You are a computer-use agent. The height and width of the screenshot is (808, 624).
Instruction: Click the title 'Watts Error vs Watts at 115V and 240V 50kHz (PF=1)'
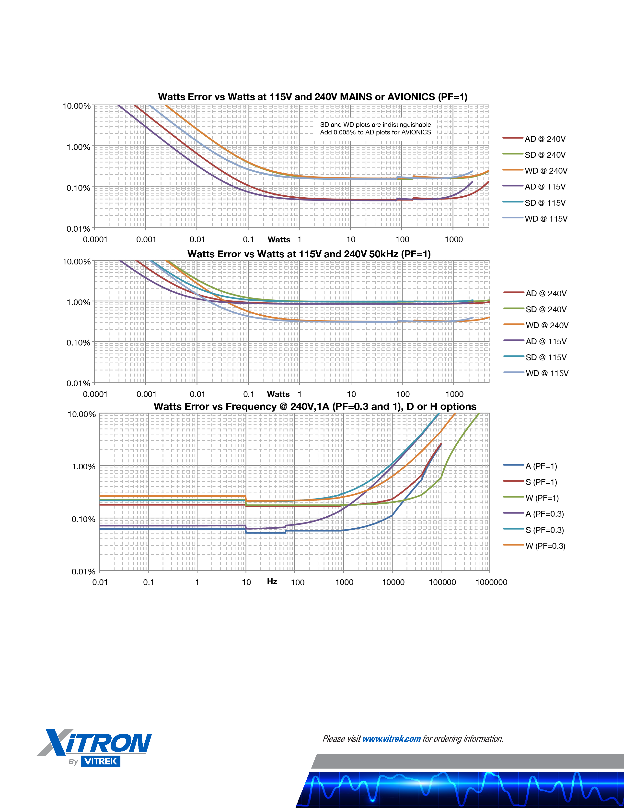[x=309, y=254]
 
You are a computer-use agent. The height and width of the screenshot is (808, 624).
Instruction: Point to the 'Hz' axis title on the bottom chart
[x=272, y=581]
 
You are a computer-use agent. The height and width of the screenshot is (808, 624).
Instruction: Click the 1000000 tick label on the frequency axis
[x=491, y=582]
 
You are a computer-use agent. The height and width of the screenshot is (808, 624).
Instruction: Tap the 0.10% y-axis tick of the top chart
[x=78, y=188]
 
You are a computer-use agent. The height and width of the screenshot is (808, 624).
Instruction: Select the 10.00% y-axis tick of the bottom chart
[x=82, y=414]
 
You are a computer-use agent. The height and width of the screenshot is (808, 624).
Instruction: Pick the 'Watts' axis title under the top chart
[x=279, y=240]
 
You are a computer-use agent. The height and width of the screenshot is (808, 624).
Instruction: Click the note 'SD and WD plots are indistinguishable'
[x=375, y=125]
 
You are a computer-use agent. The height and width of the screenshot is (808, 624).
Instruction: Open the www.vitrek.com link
[x=392, y=739]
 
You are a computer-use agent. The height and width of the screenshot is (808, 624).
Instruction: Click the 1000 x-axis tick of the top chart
[x=454, y=240]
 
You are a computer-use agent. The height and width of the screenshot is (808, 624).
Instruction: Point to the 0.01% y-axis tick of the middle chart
[x=78, y=383]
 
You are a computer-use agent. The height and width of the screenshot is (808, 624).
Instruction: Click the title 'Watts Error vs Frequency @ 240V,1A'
[x=315, y=407]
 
